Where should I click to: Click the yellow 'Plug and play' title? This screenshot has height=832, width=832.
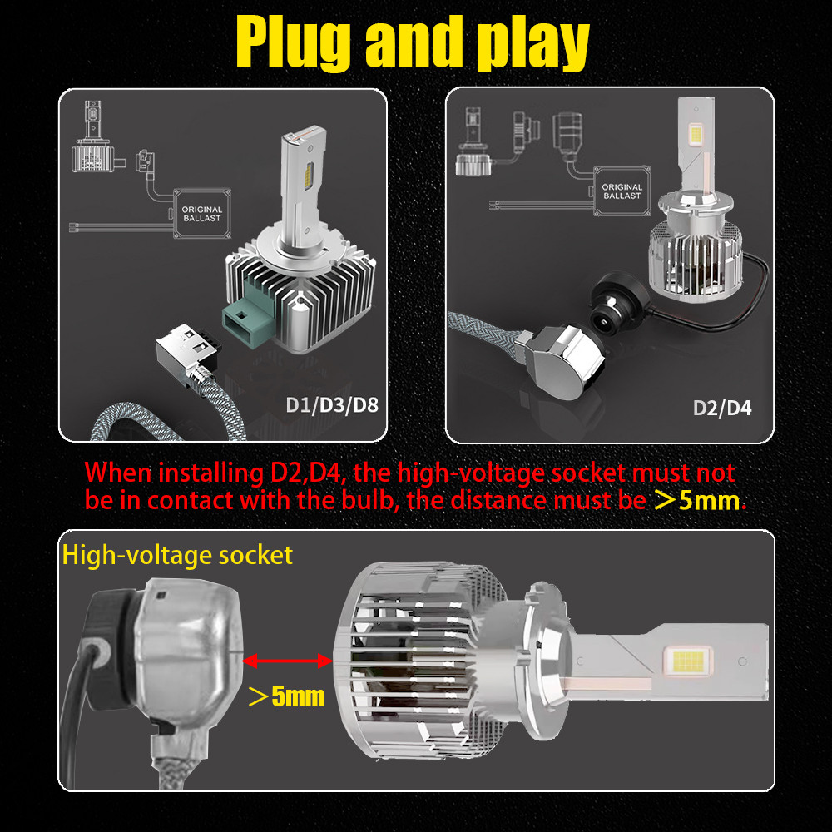pyautogui.click(x=413, y=43)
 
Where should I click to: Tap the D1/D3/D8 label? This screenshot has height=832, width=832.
pyautogui.click(x=332, y=405)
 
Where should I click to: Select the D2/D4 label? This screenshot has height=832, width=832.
pyautogui.click(x=722, y=408)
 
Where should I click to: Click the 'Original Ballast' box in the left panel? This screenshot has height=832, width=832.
pyautogui.click(x=202, y=213)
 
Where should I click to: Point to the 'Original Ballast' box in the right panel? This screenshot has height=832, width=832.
pyautogui.click(x=622, y=191)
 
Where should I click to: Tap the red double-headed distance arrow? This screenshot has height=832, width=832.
pyautogui.click(x=287, y=661)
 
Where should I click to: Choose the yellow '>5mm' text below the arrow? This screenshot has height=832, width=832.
pyautogui.click(x=286, y=696)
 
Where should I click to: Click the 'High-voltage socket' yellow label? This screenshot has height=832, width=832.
pyautogui.click(x=177, y=555)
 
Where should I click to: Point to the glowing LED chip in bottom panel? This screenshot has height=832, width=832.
pyautogui.click(x=688, y=661)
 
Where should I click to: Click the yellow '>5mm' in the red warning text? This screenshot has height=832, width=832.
pyautogui.click(x=696, y=500)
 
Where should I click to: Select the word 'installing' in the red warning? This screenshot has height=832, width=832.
pyautogui.click(x=210, y=473)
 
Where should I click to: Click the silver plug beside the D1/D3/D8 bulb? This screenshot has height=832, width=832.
pyautogui.click(x=188, y=350)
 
